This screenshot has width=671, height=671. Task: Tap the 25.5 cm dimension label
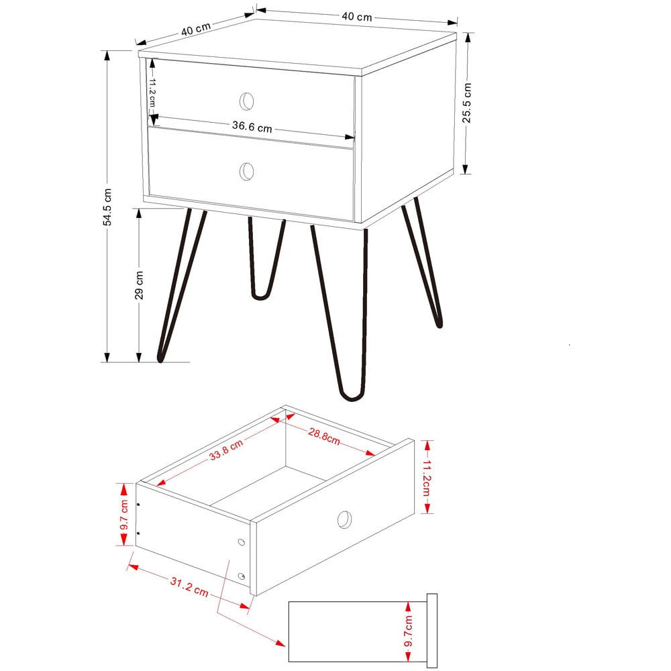(467, 103)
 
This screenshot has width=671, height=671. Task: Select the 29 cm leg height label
(139, 285)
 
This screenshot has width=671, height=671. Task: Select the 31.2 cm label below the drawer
(188, 589)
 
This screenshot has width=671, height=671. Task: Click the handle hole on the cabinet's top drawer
(247, 101)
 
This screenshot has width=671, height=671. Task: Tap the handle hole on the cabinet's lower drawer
(247, 171)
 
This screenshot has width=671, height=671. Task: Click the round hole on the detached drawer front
(344, 519)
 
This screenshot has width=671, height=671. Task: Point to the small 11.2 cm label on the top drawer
(152, 91)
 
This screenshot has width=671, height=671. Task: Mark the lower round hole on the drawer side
(242, 576)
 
